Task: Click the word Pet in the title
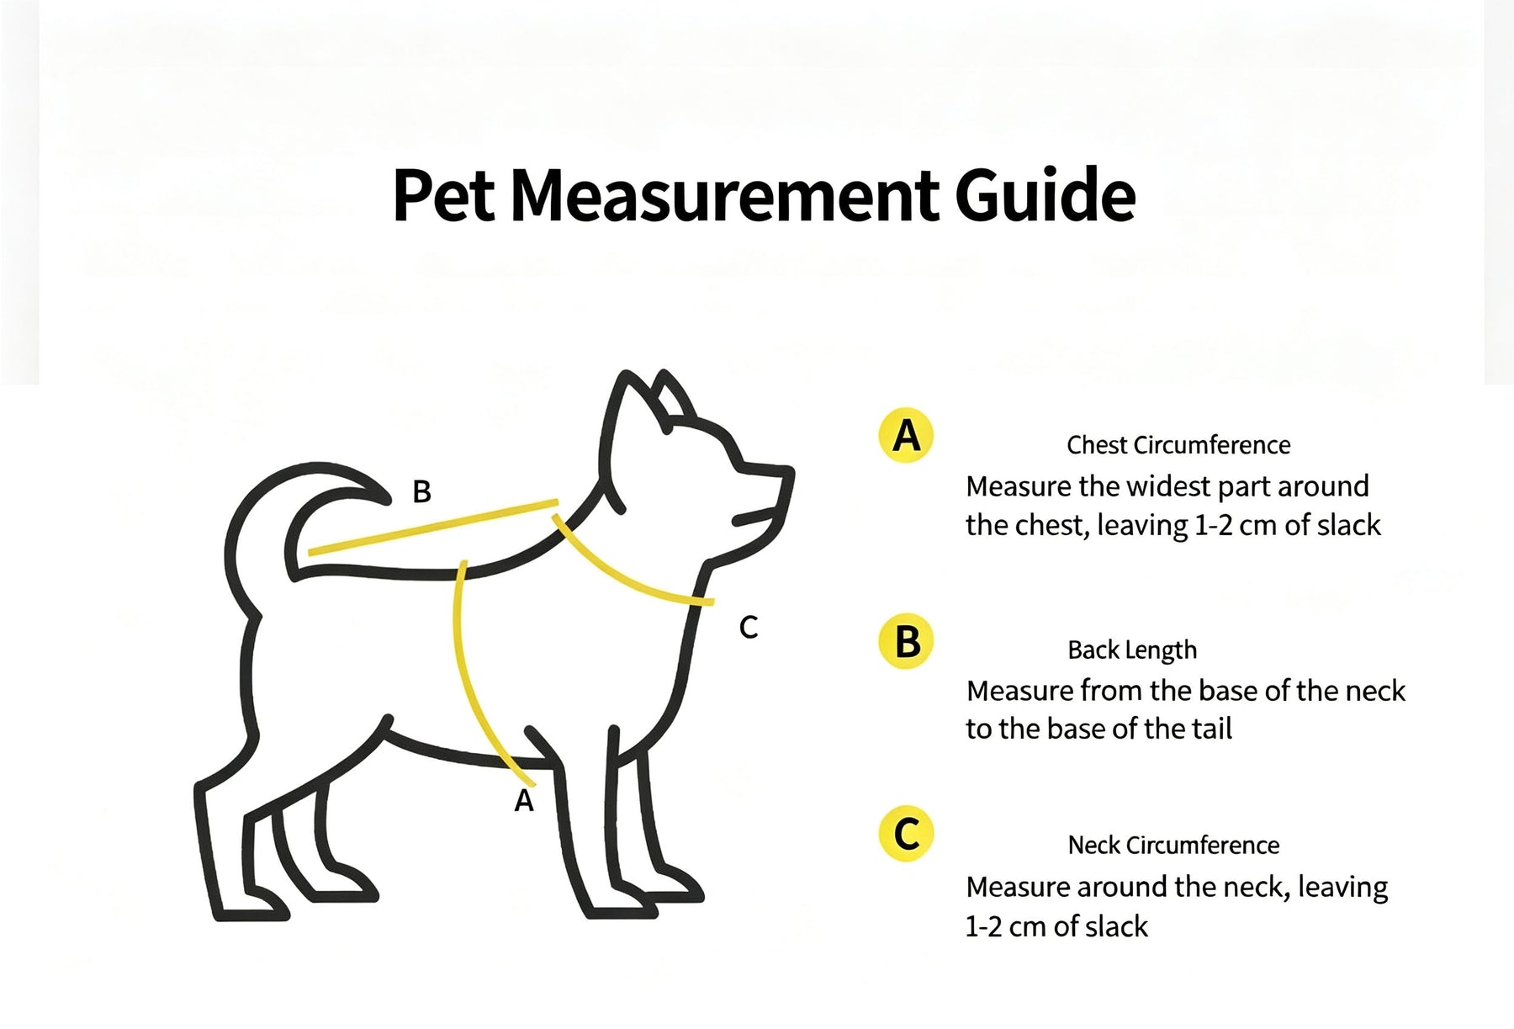pos(444,195)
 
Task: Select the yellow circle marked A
pos(906,435)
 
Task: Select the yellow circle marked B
pos(906,642)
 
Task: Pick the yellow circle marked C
pos(906,834)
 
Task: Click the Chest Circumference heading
pos(1178,445)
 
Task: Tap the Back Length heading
pos(1132,650)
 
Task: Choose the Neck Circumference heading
pos(1173,845)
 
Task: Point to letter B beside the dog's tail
pos(421,491)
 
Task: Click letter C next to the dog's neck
pos(749,627)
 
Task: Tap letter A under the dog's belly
pos(524,800)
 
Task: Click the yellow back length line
pos(433,527)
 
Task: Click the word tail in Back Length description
pos(1211,729)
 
